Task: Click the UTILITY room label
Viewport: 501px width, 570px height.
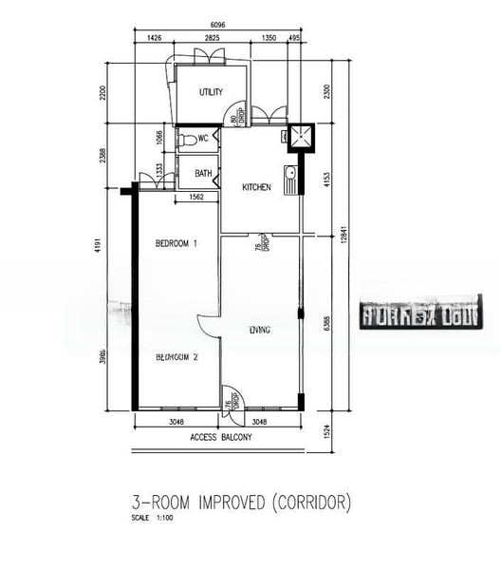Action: pyautogui.click(x=211, y=92)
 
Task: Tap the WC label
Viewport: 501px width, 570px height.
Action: pyautogui.click(x=203, y=139)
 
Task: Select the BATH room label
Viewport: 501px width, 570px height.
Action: pyautogui.click(x=203, y=174)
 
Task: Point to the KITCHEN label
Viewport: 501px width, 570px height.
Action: pyautogui.click(x=256, y=188)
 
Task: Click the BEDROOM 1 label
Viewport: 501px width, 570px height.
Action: pyautogui.click(x=176, y=244)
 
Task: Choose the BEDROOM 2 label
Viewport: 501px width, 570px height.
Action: pyautogui.click(x=176, y=357)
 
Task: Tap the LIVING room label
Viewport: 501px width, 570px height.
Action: pyautogui.click(x=260, y=331)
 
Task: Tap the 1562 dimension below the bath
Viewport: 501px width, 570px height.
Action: pyautogui.click(x=196, y=198)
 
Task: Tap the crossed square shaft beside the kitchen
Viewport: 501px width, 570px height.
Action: pyautogui.click(x=303, y=138)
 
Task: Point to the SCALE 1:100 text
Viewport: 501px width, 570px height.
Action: pyautogui.click(x=153, y=519)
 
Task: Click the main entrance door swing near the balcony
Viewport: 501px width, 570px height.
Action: pyautogui.click(x=230, y=398)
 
